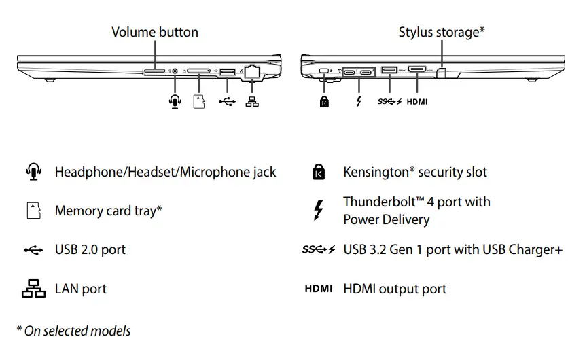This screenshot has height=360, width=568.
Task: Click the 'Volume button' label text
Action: (x=155, y=32)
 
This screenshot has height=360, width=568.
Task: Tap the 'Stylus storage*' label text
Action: (x=442, y=32)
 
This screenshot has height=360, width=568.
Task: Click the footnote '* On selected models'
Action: (x=73, y=331)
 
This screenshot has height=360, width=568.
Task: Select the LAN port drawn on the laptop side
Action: (x=253, y=70)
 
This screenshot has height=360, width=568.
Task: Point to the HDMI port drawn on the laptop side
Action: (x=416, y=69)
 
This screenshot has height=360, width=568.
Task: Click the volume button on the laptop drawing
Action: (x=155, y=70)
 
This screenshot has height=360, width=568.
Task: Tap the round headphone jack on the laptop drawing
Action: (x=177, y=70)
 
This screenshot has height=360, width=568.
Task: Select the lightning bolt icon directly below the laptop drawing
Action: (x=359, y=101)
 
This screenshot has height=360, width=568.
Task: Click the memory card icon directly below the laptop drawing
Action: (x=199, y=101)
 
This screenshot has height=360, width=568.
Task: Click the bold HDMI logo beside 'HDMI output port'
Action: (x=318, y=289)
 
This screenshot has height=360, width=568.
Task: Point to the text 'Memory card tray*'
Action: (x=108, y=211)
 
